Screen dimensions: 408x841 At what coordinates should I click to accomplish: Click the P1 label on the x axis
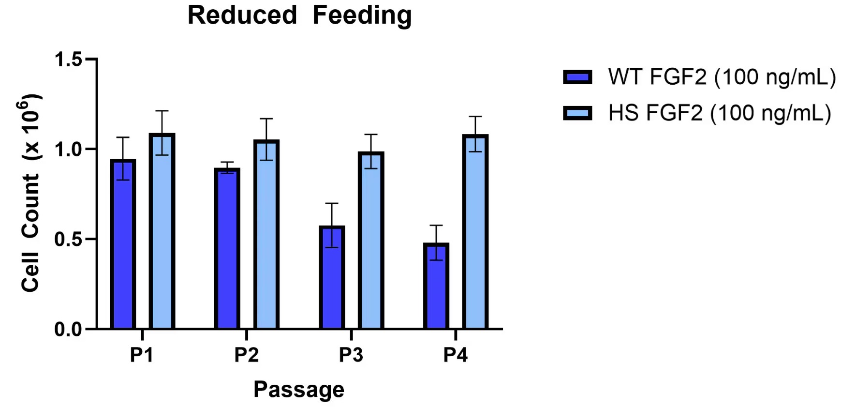pos(142,355)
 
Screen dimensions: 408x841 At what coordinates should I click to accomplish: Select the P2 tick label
pos(246,355)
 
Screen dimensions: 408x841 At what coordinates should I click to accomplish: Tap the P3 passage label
pos(351,355)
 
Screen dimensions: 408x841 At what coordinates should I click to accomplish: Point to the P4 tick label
pos(455,355)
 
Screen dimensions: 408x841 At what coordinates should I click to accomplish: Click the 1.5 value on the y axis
pos(68,60)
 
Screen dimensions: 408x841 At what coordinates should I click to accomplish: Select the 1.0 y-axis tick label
pos(68,150)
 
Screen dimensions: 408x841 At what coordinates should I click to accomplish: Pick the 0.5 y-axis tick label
pos(68,240)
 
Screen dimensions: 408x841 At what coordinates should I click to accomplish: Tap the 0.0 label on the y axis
pos(68,330)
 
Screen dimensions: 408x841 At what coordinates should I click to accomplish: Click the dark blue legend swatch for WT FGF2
pos(577,77)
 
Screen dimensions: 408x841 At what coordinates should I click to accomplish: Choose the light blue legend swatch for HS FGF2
pos(577,113)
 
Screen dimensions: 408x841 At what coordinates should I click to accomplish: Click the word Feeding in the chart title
pos(362,15)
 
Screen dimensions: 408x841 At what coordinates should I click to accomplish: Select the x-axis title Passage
pos(299,390)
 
